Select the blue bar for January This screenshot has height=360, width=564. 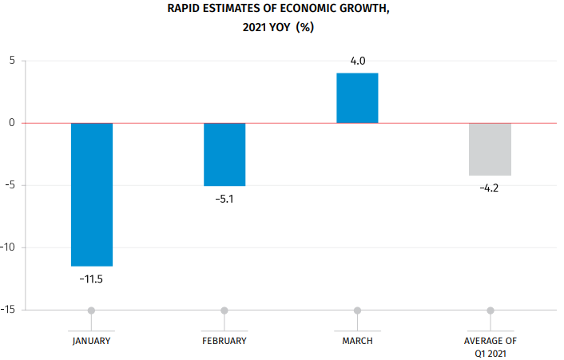point(92,194)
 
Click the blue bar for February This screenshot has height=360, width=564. point(224,154)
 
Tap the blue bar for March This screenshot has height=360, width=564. point(357,98)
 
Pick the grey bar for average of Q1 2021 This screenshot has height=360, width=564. point(490,149)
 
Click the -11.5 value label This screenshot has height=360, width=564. point(91,279)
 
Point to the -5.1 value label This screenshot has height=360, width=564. point(224,199)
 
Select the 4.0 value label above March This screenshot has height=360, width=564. point(357,61)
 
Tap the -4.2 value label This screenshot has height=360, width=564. point(490,188)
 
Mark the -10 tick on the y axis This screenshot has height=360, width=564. point(9,247)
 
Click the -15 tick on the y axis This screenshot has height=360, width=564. point(9,310)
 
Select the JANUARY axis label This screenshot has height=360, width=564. point(91,341)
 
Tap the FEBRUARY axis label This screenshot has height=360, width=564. point(224,341)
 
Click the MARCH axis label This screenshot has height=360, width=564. point(357,341)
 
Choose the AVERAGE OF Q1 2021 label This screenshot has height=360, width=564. point(490,346)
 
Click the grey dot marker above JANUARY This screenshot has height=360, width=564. point(92,310)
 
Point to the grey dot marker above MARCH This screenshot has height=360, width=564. point(357,310)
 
